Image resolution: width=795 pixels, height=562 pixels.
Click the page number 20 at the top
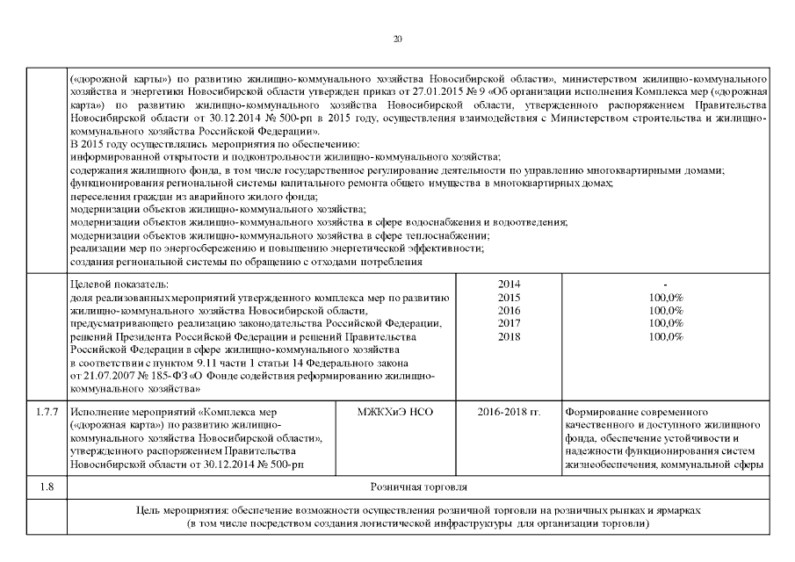pyautogui.click(x=397, y=39)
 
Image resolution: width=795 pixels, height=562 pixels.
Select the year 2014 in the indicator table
pyautogui.click(x=510, y=285)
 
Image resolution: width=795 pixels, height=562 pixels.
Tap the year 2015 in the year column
pyautogui.click(x=510, y=298)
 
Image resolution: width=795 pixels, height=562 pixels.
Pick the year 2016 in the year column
pyautogui.click(x=510, y=311)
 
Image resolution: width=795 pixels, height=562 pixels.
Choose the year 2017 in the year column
pyautogui.click(x=510, y=324)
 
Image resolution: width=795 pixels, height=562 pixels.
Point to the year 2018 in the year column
pyautogui.click(x=510, y=337)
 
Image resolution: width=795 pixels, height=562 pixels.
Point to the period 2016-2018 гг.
pyautogui.click(x=510, y=411)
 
